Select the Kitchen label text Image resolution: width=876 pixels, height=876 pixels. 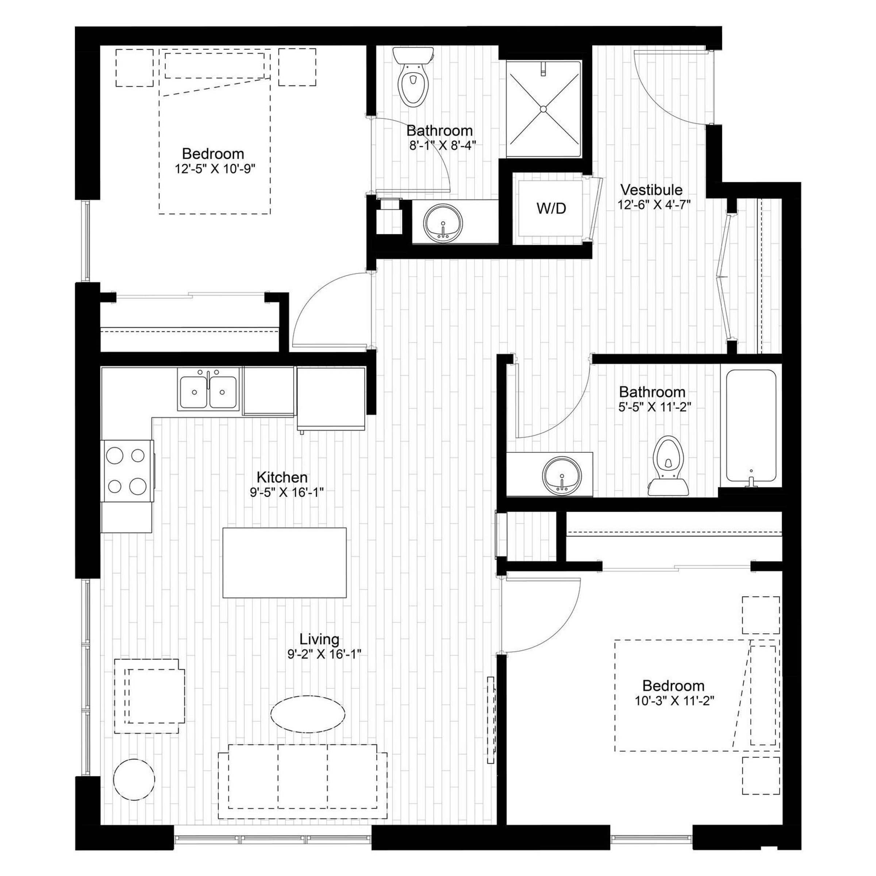click(x=282, y=477)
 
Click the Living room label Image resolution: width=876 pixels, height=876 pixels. click(x=319, y=639)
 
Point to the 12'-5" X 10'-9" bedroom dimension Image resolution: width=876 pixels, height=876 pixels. click(x=215, y=169)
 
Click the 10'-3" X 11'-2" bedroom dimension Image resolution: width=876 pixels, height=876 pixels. click(x=674, y=701)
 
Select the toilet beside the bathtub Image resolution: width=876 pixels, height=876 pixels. click(x=668, y=466)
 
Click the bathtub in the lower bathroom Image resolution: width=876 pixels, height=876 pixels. click(x=751, y=429)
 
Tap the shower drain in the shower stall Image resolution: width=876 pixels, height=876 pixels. click(x=543, y=109)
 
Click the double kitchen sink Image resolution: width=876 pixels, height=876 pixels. click(x=208, y=389)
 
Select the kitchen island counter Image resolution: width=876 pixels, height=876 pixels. click(x=284, y=563)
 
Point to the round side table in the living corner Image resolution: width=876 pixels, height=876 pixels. click(x=134, y=779)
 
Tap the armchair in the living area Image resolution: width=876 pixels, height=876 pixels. click(x=149, y=696)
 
